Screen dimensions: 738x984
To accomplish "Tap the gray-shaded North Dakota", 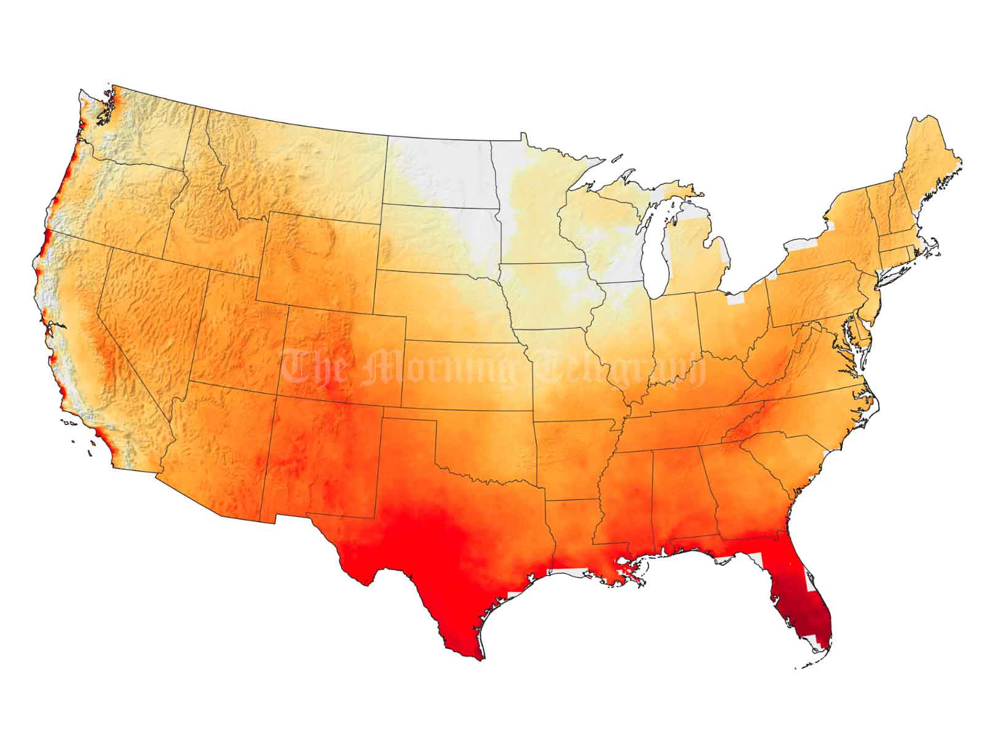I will [440, 172].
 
